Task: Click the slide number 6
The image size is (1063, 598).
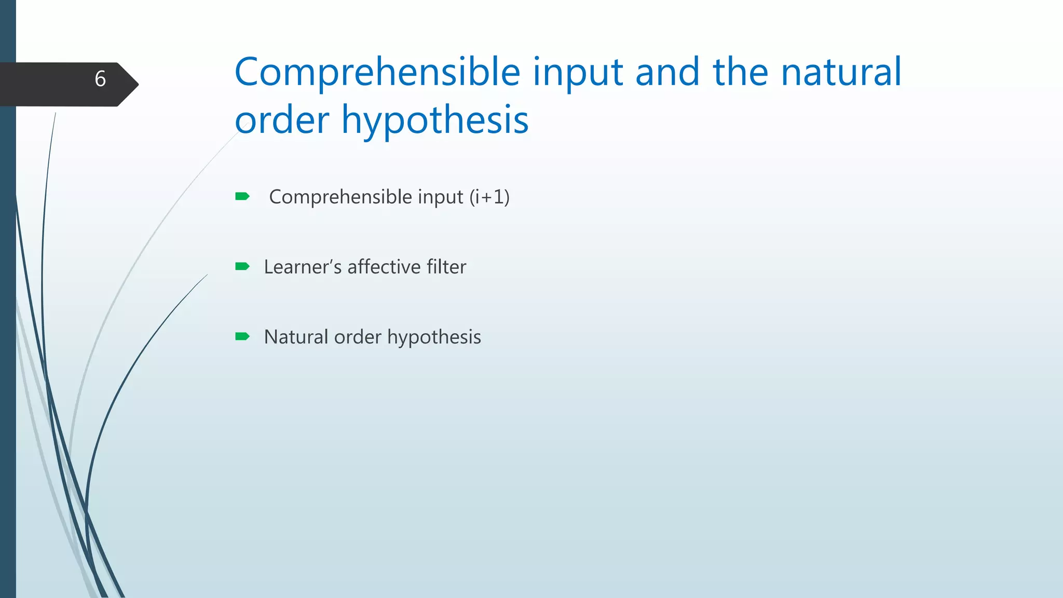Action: pos(100,79)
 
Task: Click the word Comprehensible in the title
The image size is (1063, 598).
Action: pos(377,73)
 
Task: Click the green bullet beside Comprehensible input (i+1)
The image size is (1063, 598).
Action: pos(242,196)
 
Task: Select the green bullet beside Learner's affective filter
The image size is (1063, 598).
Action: pos(242,267)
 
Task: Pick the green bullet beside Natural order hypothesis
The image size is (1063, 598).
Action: pos(242,337)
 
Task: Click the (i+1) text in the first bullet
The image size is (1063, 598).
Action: pos(489,197)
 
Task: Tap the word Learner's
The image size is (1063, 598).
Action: pos(303,267)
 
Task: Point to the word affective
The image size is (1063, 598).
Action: pos(384,267)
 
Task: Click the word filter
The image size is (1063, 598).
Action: pos(446,267)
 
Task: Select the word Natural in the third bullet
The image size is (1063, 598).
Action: pos(296,337)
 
